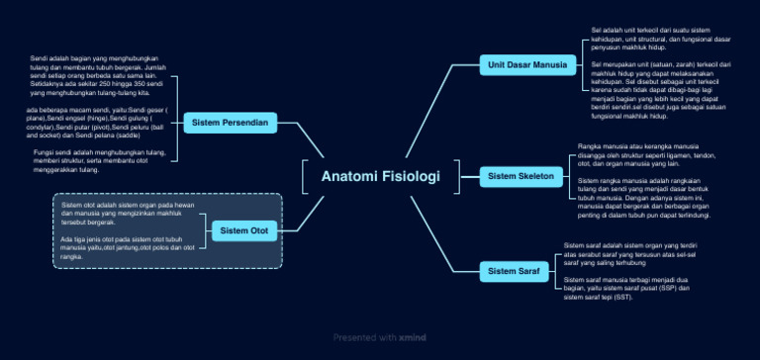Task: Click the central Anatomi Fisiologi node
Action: click(x=380, y=177)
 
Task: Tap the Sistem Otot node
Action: click(x=243, y=231)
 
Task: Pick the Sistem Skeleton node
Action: click(x=522, y=177)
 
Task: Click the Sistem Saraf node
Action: click(x=514, y=270)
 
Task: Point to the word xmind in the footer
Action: click(x=413, y=337)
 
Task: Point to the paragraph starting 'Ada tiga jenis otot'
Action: click(x=128, y=247)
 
